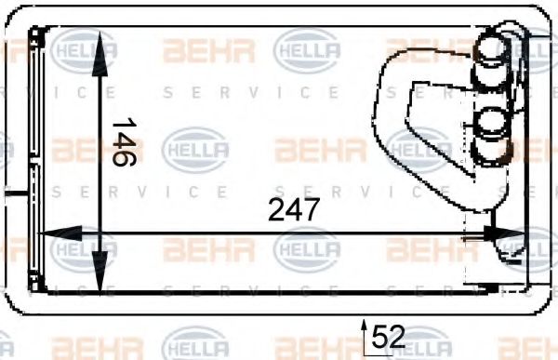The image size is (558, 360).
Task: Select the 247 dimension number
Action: click(x=294, y=210)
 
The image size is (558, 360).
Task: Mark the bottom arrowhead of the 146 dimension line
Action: click(x=100, y=279)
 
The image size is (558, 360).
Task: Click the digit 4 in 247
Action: click(x=294, y=210)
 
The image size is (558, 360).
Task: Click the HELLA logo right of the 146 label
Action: click(x=195, y=147)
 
